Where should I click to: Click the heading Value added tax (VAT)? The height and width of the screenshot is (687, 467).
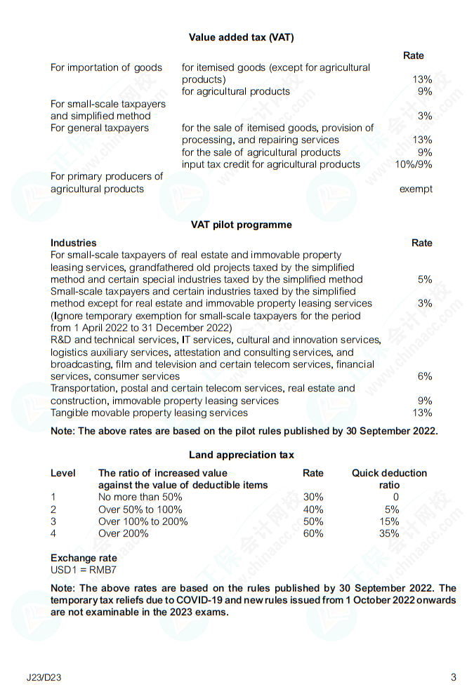pyautogui.click(x=241, y=37)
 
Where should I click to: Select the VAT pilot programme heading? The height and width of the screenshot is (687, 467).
pyautogui.click(x=241, y=225)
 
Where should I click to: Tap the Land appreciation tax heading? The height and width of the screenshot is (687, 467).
pyautogui.click(x=241, y=455)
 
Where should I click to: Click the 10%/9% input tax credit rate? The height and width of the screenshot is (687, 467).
pyautogui.click(x=414, y=164)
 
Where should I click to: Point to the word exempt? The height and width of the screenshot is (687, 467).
pyautogui.click(x=416, y=189)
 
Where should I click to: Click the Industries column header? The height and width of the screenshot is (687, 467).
pyautogui.click(x=74, y=243)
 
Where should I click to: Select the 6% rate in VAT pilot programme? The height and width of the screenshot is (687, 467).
pyautogui.click(x=425, y=376)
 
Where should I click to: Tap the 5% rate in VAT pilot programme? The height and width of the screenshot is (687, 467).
pyautogui.click(x=425, y=279)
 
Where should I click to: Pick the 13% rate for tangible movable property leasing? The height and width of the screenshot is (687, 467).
pyautogui.click(x=423, y=413)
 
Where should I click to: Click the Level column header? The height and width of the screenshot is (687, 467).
pyautogui.click(x=63, y=473)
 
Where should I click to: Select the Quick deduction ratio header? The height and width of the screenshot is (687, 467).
pyautogui.click(x=389, y=479)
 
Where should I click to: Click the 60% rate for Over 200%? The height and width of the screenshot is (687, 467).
pyautogui.click(x=313, y=533)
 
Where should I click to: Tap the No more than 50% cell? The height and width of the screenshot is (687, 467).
pyautogui.click(x=140, y=497)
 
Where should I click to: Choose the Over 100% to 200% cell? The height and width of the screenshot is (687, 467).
pyautogui.click(x=144, y=521)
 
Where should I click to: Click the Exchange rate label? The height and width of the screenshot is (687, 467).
pyautogui.click(x=84, y=559)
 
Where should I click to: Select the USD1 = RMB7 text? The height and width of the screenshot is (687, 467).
pyautogui.click(x=79, y=570)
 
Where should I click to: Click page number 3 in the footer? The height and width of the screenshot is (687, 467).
pyautogui.click(x=453, y=677)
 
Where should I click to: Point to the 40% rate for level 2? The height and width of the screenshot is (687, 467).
pyautogui.click(x=313, y=509)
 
